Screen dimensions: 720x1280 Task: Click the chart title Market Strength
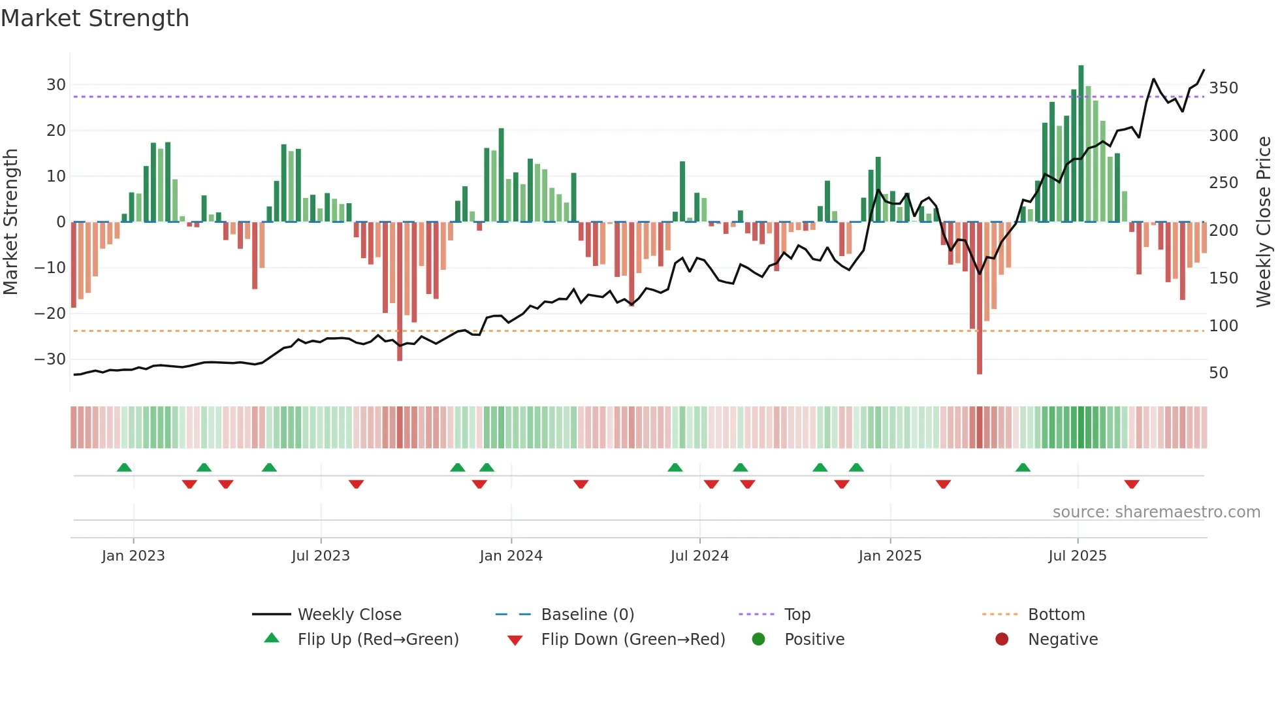point(95,18)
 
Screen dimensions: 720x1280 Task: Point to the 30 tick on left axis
point(56,85)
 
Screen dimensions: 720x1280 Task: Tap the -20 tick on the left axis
point(50,314)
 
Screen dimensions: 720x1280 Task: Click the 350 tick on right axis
point(1223,88)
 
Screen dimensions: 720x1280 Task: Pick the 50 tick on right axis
point(1219,373)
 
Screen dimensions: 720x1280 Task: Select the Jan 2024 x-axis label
point(511,556)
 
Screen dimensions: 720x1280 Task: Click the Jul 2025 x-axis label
point(1078,556)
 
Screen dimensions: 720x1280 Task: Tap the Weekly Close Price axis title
point(1264,222)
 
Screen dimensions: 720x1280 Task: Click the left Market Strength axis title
point(10,222)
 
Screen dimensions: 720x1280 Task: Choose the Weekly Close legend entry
point(349,615)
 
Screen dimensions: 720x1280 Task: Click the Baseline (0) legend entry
point(587,615)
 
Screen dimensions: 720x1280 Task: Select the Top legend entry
point(797,615)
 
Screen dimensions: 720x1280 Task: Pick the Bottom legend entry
point(1056,615)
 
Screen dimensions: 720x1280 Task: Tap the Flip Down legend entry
point(632,640)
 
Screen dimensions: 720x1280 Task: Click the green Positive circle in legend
point(758,639)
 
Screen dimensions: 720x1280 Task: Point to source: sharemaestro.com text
point(1156,512)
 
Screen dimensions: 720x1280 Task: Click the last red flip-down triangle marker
point(1132,484)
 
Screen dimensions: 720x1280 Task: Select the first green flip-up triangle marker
point(124,467)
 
